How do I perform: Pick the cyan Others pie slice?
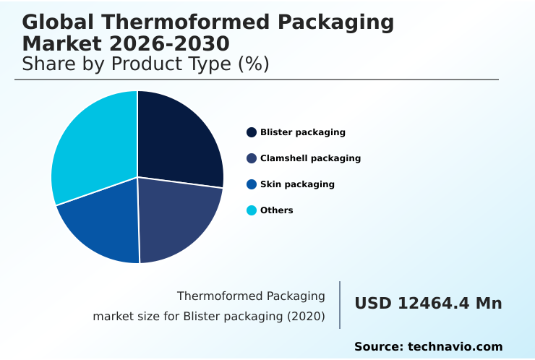tap(94, 145)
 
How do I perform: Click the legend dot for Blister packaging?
tap(252, 132)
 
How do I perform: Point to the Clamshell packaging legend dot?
tap(252, 158)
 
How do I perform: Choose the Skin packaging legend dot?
tap(252, 184)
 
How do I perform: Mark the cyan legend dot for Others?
tap(252, 210)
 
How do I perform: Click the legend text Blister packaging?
tap(303, 132)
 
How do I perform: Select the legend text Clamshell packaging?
tap(310, 158)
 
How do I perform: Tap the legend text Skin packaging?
tap(297, 184)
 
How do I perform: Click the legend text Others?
tap(277, 210)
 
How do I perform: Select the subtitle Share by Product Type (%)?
tap(145, 64)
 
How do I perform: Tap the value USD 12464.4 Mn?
tap(428, 304)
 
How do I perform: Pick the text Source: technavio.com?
tap(428, 347)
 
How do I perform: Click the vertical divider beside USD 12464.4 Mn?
tap(340, 305)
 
